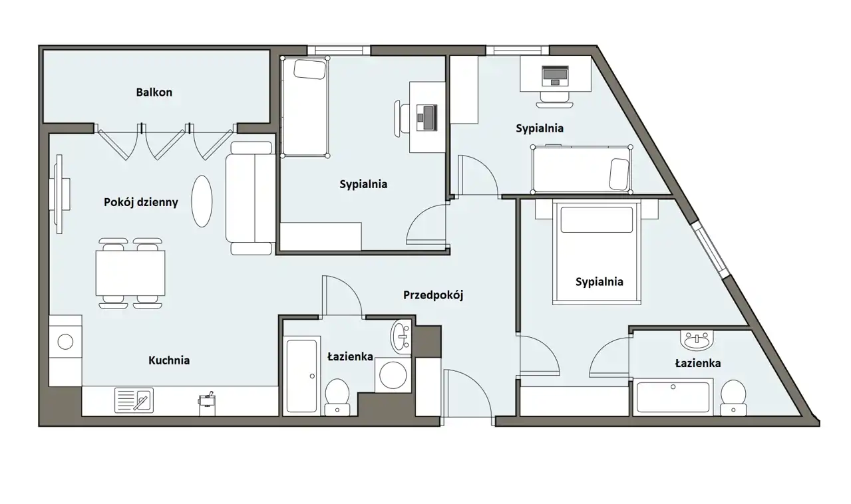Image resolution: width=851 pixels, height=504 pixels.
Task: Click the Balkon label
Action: point(154,92)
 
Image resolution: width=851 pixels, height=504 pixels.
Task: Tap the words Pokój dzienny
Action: point(141,202)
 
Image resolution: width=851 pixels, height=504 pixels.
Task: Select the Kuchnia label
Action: point(169,360)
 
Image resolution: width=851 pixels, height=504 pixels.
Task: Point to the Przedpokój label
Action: point(433,295)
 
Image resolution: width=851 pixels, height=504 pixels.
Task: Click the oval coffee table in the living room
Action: point(202,201)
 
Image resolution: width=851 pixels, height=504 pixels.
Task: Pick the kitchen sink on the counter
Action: point(134,400)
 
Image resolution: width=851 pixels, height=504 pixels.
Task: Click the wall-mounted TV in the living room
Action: point(61,193)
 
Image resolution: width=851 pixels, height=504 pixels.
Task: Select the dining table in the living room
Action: point(130,273)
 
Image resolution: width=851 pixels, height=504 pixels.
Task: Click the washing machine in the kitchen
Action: point(65,342)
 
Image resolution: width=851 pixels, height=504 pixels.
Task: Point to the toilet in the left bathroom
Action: point(337,396)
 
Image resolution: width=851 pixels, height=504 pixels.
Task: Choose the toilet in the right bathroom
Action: point(733,398)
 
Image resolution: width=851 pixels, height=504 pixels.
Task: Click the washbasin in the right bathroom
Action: point(697,340)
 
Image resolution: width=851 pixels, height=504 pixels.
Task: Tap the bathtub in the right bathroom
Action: point(673,397)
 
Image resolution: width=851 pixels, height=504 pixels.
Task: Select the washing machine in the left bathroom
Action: point(393,375)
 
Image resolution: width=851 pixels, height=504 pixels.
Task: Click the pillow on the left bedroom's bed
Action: point(310,69)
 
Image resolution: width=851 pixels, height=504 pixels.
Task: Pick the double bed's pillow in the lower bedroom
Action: point(596,219)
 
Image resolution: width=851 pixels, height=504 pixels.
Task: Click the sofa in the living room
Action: point(250,198)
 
